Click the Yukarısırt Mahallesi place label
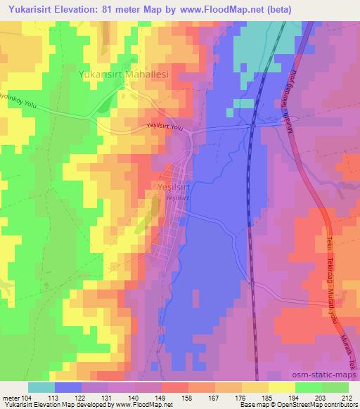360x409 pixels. (x=124, y=73)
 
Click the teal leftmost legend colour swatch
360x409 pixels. (x=41, y=387)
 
